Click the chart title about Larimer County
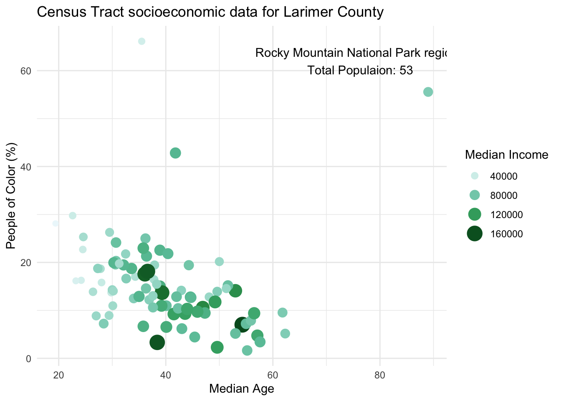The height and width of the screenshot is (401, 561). click(x=210, y=12)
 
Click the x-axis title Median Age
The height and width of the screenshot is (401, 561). click(x=241, y=389)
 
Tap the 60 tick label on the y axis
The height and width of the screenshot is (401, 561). click(x=26, y=71)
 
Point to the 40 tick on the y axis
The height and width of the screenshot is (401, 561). click(x=26, y=167)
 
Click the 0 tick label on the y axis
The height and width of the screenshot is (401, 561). click(x=29, y=358)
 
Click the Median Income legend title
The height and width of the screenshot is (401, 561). click(x=506, y=155)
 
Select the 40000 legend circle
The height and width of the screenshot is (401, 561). click(x=475, y=176)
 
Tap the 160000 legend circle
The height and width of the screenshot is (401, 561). click(x=475, y=233)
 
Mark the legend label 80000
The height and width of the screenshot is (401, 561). click(x=503, y=195)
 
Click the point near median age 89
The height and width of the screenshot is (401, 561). click(x=428, y=92)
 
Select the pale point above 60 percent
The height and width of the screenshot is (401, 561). click(x=142, y=41)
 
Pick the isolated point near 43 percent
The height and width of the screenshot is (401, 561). click(x=175, y=153)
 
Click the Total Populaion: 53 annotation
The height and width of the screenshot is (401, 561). click(x=360, y=71)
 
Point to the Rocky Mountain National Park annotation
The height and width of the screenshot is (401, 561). click(x=351, y=53)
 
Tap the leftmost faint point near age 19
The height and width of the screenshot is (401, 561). click(x=56, y=223)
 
